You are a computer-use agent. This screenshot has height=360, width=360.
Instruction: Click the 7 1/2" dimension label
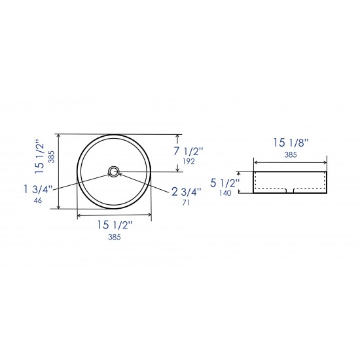pyautogui.click(x=189, y=151)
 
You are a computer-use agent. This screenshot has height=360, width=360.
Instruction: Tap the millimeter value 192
pyautogui.click(x=189, y=162)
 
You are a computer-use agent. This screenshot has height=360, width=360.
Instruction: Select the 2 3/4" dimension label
pyautogui.click(x=187, y=192)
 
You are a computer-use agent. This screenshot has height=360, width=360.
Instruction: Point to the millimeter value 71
pyautogui.click(x=186, y=202)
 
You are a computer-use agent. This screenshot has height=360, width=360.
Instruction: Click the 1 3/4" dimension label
pyautogui.click(x=38, y=189)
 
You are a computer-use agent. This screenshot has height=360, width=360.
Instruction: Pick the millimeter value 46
pyautogui.click(x=38, y=200)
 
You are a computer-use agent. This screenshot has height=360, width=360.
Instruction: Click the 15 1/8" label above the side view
pyautogui.click(x=291, y=143)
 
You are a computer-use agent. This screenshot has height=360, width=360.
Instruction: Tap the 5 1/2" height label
pyautogui.click(x=225, y=183)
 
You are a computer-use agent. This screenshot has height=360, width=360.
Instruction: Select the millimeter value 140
pyautogui.click(x=225, y=193)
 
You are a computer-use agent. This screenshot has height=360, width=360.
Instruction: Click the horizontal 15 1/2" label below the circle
pyautogui.click(x=115, y=225)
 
